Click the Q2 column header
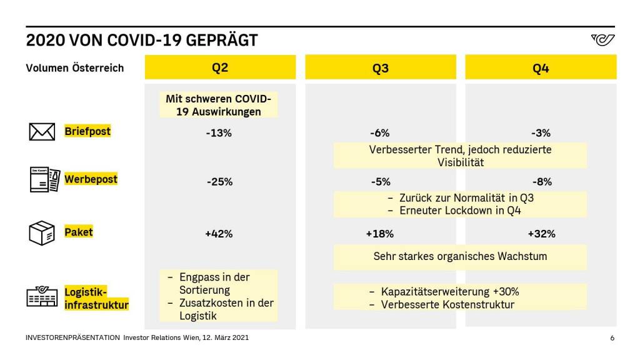220,67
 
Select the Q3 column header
381,68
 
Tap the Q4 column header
541,68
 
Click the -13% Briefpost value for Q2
219,132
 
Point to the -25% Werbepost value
219,182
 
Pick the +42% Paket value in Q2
219,234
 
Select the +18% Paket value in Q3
379,234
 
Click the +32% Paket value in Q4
541,234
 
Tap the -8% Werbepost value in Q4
541,182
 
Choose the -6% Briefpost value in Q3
379,132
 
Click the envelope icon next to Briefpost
42,132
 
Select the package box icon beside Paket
42,233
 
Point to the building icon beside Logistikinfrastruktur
42,297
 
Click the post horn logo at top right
602,40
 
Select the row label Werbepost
91,179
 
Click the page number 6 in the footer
612,337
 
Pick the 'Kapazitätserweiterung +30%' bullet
450,292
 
